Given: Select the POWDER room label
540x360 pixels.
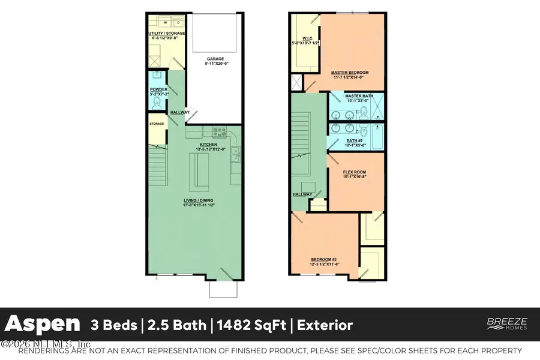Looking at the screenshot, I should point(158,90).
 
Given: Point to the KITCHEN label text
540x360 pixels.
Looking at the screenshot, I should point(208,145).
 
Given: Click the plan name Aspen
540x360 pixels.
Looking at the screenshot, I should point(43,325).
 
